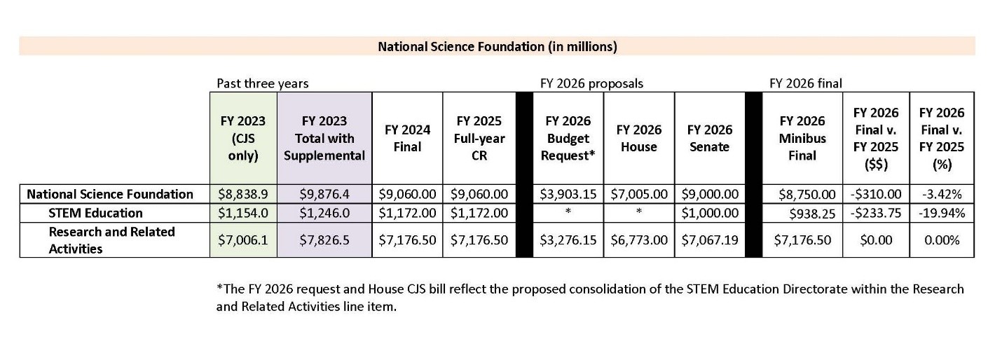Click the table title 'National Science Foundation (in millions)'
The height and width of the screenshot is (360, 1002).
click(x=497, y=47)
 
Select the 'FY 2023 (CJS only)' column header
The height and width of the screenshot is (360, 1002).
click(x=243, y=138)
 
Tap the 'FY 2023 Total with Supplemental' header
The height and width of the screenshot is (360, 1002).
click(x=324, y=138)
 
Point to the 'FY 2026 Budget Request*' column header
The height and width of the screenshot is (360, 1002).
click(x=568, y=138)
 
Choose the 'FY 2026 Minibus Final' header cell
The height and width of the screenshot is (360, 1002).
click(x=802, y=138)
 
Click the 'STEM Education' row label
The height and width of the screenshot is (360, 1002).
click(x=95, y=213)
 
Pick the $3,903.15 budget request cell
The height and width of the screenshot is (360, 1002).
click(x=568, y=194)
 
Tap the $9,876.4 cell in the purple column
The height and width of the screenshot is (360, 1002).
click(x=324, y=194)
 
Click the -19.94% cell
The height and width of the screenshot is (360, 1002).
click(x=941, y=213)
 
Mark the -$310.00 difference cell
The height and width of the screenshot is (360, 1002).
click(x=875, y=194)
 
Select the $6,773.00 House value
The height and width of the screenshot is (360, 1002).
click(x=639, y=240)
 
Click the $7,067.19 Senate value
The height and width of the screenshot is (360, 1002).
click(x=710, y=240)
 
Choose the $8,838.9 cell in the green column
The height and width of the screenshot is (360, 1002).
click(x=243, y=194)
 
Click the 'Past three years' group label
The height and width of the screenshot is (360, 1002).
click(x=262, y=83)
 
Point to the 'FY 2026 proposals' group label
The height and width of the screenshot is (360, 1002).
click(x=591, y=83)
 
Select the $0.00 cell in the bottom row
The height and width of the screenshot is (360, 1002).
click(x=875, y=240)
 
